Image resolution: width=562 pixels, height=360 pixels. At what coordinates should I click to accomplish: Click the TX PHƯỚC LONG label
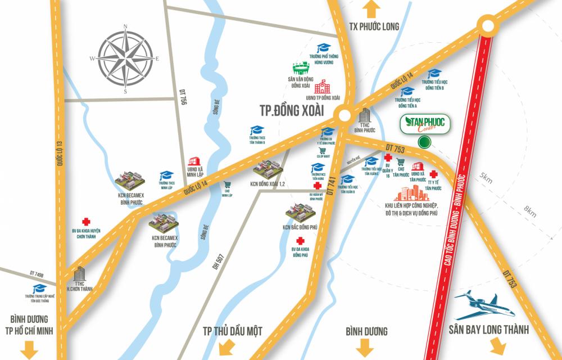click(375, 26)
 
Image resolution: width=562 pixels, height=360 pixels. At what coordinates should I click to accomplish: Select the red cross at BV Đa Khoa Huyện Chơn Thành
click(86, 222)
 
